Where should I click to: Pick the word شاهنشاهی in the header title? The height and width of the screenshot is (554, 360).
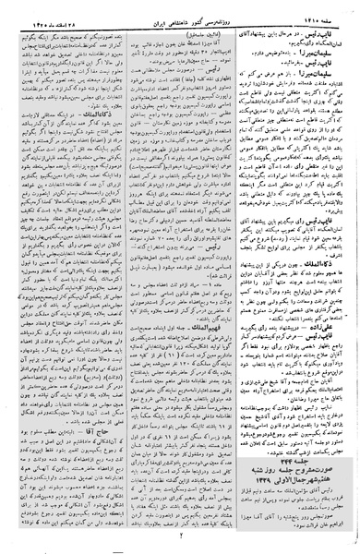[x=171, y=12]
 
